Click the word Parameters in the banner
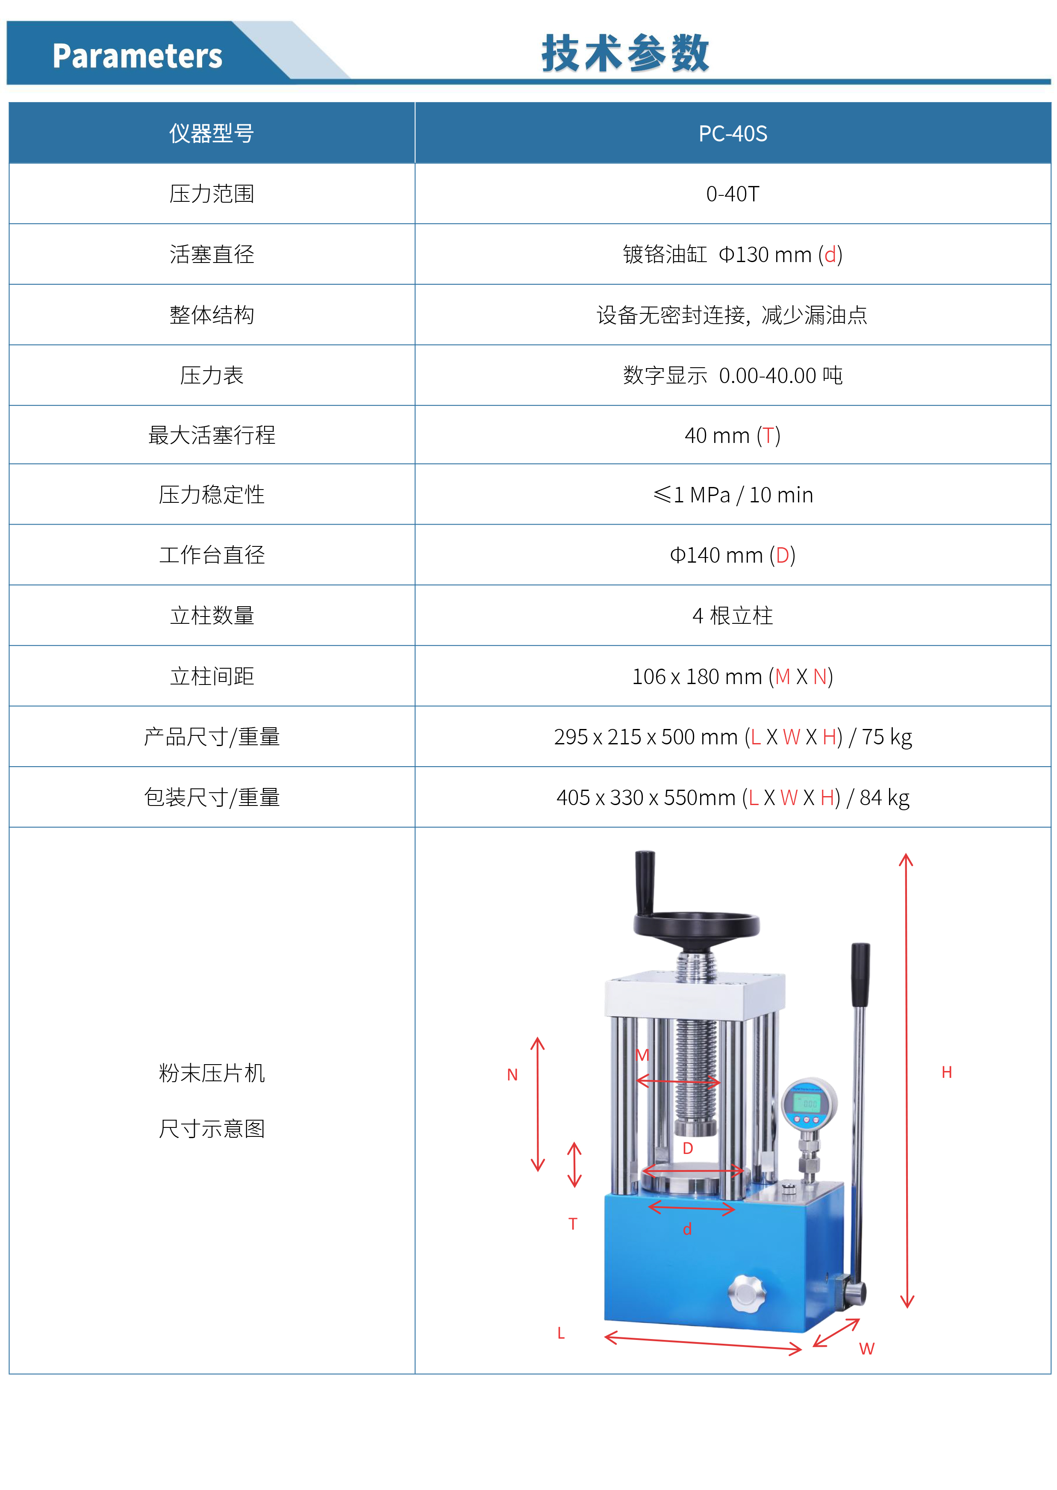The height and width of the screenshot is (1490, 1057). tap(137, 56)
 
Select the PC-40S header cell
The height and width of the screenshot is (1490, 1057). tap(733, 133)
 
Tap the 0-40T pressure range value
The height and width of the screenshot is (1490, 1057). tap(733, 194)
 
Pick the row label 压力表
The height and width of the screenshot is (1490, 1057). tap(212, 375)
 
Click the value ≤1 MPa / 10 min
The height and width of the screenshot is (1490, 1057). tap(733, 495)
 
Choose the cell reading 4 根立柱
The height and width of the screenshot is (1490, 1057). tap(733, 616)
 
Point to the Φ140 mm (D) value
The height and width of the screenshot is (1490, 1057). tap(733, 555)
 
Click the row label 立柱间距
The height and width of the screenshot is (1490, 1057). tap(212, 676)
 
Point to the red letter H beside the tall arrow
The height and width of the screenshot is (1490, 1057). tap(947, 1073)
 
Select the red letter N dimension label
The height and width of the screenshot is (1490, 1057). tap(512, 1075)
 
